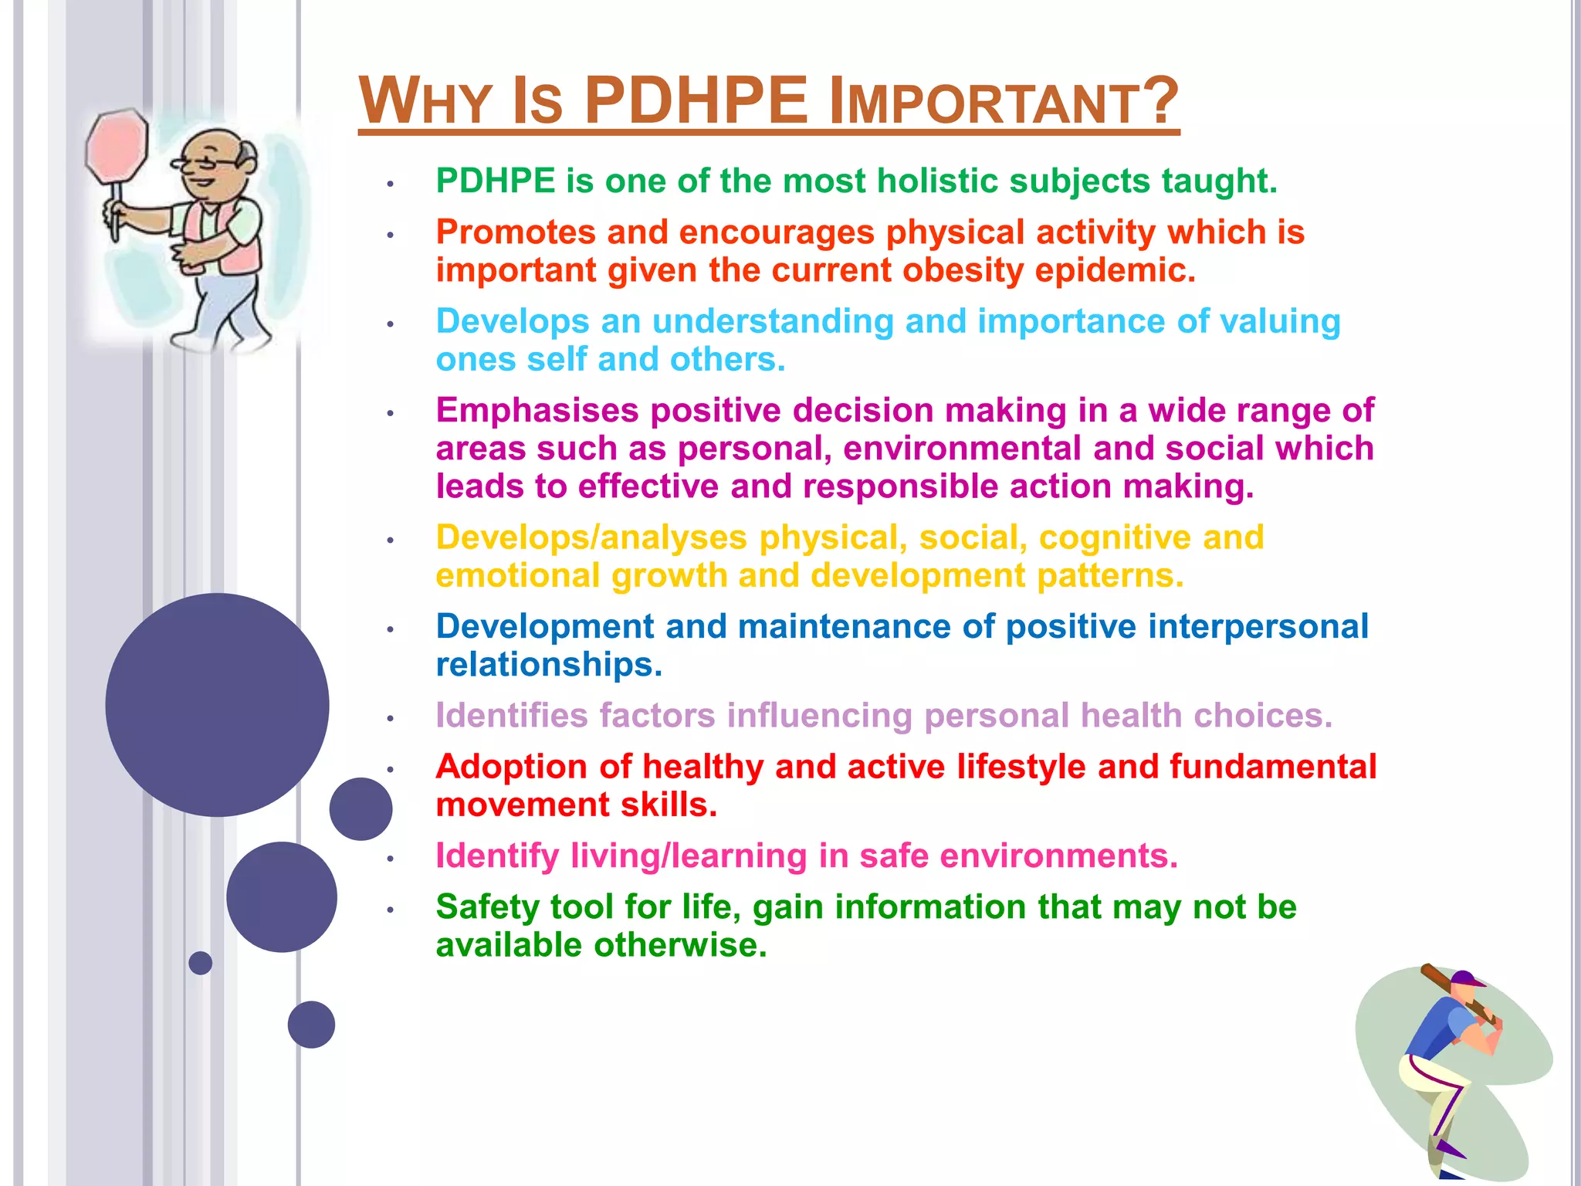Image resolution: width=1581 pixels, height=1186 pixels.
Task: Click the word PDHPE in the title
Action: coord(696,101)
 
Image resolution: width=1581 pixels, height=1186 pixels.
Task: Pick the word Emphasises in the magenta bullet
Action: coord(537,411)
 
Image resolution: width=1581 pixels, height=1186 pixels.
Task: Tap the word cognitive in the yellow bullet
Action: coord(1115,538)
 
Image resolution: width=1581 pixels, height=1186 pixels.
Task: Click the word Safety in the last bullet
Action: coord(486,907)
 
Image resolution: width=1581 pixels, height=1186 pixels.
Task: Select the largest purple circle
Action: coord(217,704)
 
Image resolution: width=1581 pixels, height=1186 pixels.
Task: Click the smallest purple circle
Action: coord(200,963)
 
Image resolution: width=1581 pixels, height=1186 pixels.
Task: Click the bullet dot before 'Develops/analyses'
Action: coord(391,540)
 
